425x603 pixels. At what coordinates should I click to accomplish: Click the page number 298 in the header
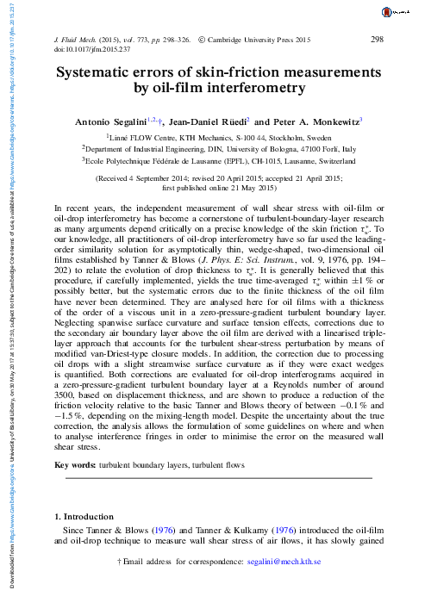click(376, 40)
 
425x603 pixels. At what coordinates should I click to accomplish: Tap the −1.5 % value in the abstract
click(67, 365)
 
